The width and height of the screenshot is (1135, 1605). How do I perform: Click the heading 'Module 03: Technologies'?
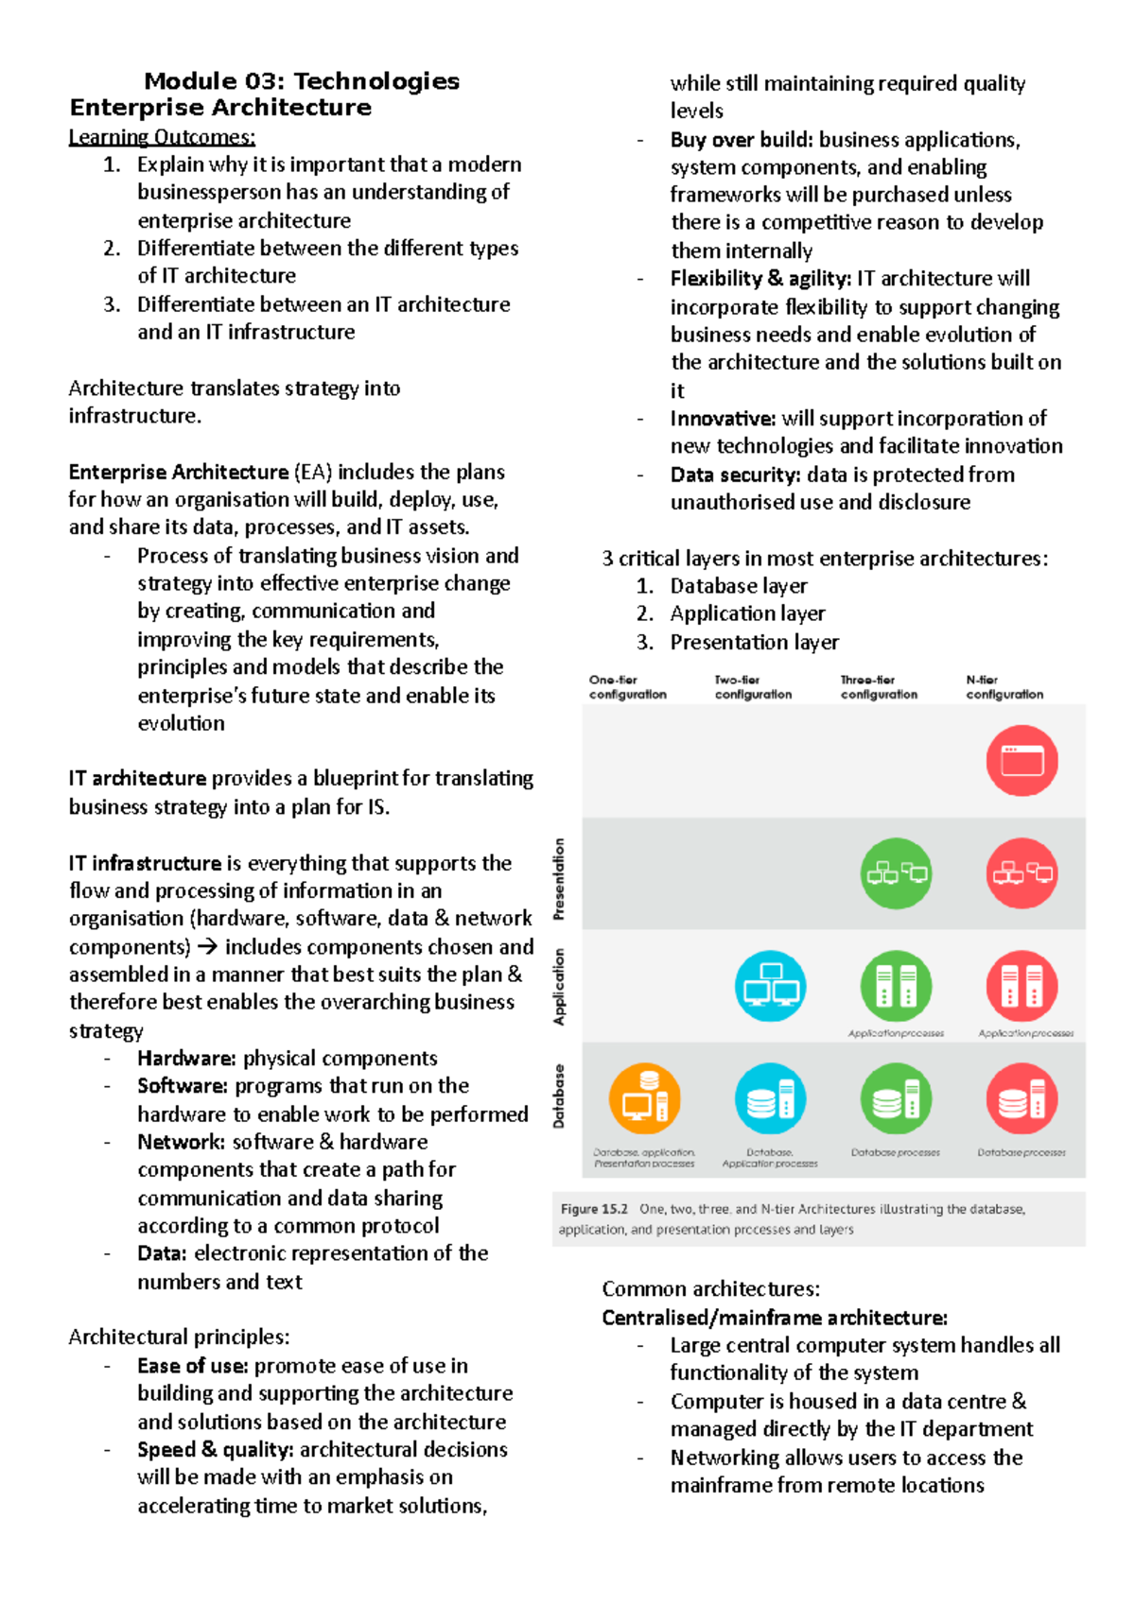(x=301, y=81)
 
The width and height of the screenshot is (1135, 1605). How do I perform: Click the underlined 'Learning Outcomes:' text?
(x=162, y=137)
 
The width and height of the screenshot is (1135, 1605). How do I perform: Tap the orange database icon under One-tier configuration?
(x=644, y=1098)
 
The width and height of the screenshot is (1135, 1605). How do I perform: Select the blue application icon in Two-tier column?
(x=770, y=986)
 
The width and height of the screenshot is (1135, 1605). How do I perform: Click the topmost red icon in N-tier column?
(x=1021, y=760)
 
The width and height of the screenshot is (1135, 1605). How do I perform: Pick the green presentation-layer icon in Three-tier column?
(x=896, y=872)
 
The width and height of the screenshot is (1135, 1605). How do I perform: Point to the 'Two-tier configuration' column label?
(x=753, y=687)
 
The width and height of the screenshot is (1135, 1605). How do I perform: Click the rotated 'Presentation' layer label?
(x=559, y=879)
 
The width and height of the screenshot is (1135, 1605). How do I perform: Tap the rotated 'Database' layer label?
(x=559, y=1096)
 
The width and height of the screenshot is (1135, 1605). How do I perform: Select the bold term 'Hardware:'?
(x=186, y=1058)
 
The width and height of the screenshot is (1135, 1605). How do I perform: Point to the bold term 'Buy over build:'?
(x=742, y=140)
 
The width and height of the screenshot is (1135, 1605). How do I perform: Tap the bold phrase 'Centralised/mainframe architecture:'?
(x=775, y=1318)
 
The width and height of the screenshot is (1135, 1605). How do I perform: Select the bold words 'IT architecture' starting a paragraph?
(x=137, y=778)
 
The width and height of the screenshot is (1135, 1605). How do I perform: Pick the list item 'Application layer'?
(x=747, y=613)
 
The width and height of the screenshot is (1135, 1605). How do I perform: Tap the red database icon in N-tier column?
(x=1021, y=1098)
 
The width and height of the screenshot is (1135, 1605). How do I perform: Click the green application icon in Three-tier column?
(x=896, y=986)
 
